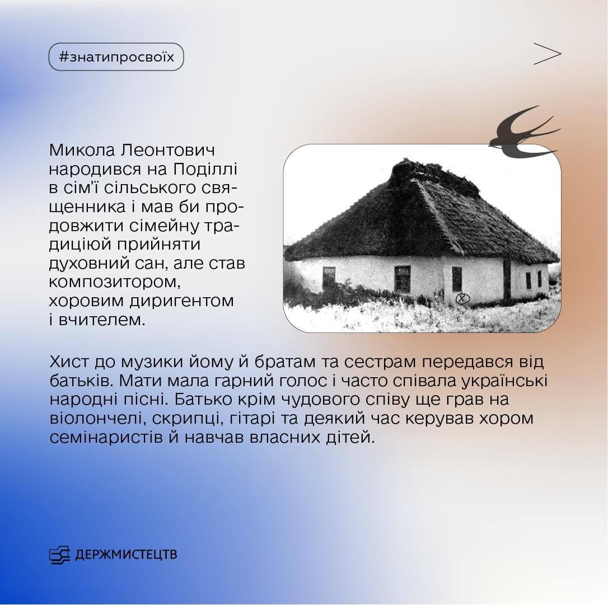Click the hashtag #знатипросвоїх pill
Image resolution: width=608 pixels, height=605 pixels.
point(116,57)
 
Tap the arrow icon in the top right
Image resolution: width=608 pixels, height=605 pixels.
point(547,54)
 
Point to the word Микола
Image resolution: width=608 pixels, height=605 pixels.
point(82,151)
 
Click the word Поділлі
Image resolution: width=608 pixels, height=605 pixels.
point(205,170)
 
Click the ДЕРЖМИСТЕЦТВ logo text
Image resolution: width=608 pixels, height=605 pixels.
point(126,554)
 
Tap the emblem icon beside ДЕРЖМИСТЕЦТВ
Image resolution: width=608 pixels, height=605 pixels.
point(59,554)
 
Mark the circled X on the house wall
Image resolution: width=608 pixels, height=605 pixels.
point(462,298)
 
